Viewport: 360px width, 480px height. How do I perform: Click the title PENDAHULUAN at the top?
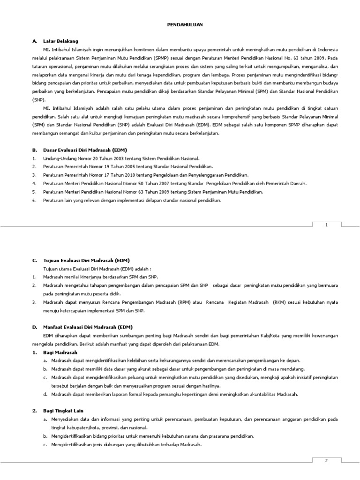coord(186,24)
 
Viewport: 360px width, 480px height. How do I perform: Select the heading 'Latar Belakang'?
coord(60,41)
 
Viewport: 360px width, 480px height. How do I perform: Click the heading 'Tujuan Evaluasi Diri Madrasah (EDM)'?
coord(86,260)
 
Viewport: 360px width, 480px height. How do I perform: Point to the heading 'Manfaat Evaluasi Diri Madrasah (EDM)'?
coord(88,327)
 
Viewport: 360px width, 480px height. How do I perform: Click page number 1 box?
coord(327,225)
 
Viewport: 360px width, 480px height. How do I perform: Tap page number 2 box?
coord(327,461)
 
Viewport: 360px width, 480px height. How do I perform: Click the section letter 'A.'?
coord(34,41)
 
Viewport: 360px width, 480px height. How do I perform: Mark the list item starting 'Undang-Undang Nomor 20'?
coord(121,158)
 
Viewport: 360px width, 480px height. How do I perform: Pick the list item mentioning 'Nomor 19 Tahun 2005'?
coord(127,167)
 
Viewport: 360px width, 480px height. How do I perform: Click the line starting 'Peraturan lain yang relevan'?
coord(132,201)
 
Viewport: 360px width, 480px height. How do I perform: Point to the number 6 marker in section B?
coord(34,201)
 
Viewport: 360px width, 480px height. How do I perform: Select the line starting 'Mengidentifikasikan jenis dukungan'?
coord(126,444)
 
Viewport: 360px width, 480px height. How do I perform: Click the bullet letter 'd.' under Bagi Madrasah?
coord(45,394)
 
